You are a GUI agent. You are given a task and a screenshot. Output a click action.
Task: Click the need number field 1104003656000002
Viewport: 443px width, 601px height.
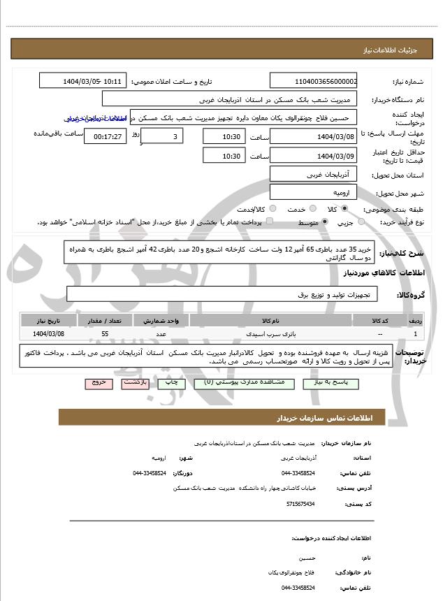313,81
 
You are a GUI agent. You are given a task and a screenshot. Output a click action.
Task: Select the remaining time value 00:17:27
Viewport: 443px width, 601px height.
108,136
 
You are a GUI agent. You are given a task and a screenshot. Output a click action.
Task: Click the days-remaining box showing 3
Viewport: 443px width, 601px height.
163,136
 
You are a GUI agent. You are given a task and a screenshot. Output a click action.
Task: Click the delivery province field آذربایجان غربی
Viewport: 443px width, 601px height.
313,173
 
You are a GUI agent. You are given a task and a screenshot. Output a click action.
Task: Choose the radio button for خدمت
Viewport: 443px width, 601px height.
312,209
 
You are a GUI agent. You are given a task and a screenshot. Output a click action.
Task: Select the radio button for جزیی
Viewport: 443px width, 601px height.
361,222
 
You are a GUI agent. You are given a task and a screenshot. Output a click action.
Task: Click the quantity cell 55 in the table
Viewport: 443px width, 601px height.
105,334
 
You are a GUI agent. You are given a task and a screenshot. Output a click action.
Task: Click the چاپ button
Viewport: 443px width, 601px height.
168,383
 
